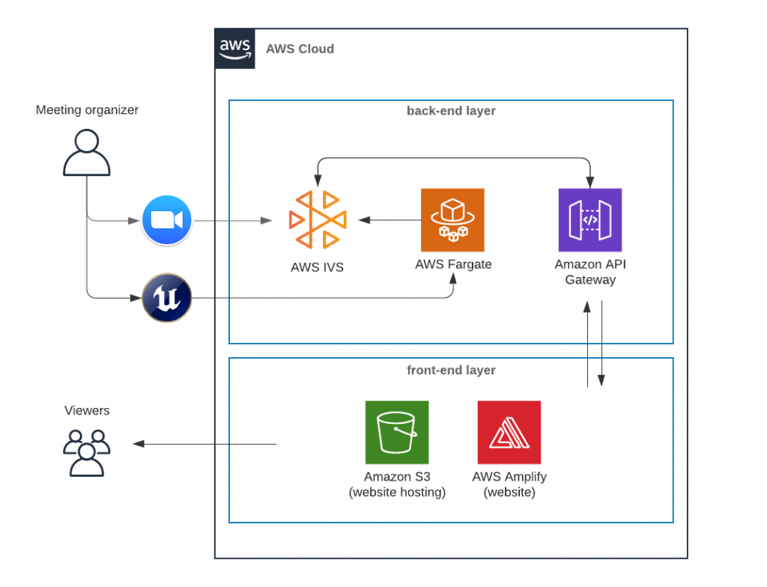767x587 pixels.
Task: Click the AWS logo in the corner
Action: tap(234, 49)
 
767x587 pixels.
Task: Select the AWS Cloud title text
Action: tap(300, 49)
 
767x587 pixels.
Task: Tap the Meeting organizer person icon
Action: tap(87, 153)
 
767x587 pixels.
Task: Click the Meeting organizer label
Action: tap(87, 110)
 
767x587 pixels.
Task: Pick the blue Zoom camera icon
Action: tap(167, 220)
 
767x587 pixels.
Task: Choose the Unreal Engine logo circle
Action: tap(167, 298)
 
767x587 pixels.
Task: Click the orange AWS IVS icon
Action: tap(318, 219)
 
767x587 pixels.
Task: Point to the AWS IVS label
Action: tap(318, 267)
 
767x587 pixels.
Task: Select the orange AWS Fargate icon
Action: tap(452, 219)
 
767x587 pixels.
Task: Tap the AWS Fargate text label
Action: tap(453, 264)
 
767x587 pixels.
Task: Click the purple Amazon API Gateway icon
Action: tap(590, 219)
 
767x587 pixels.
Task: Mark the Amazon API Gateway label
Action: tap(590, 272)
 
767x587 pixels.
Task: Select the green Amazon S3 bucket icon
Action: tap(397, 432)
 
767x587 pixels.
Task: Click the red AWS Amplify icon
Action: tap(509, 432)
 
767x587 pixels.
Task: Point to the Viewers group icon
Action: tap(87, 452)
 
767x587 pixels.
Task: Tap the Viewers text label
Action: tap(87, 410)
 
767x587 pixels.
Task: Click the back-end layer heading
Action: tap(451, 111)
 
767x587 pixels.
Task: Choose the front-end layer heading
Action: tap(451, 370)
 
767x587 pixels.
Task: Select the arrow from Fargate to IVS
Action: tap(389, 220)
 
